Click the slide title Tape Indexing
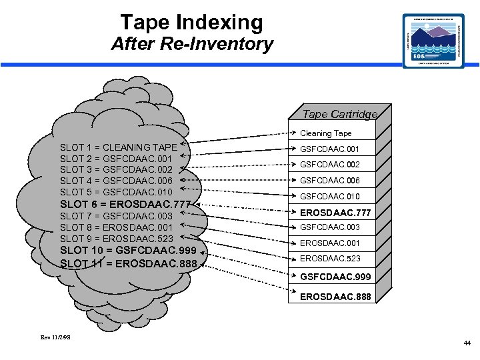pyautogui.click(x=192, y=23)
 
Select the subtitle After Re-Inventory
pyautogui.click(x=192, y=45)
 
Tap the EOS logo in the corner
pyautogui.click(x=433, y=41)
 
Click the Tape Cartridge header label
pyautogui.click(x=339, y=115)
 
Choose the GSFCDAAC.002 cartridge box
pyautogui.click(x=329, y=165)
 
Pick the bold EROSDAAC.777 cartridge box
pyautogui.click(x=334, y=213)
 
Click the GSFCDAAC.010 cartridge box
pyautogui.click(x=329, y=197)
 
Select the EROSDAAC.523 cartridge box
pyautogui.click(x=329, y=259)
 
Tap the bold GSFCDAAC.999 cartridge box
pyautogui.click(x=335, y=276)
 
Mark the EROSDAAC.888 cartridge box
pyautogui.click(x=335, y=296)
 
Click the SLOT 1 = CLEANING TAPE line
pyautogui.click(x=119, y=147)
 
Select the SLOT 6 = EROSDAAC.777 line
pyautogui.click(x=126, y=204)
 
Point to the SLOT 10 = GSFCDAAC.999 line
pyautogui.click(x=129, y=251)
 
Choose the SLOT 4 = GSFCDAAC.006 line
pyautogui.click(x=116, y=181)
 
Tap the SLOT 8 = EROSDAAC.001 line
pyautogui.click(x=116, y=227)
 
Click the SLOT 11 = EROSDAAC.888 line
pyautogui.click(x=128, y=263)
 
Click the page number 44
pyautogui.click(x=467, y=343)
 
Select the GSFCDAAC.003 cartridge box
pyautogui.click(x=329, y=227)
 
